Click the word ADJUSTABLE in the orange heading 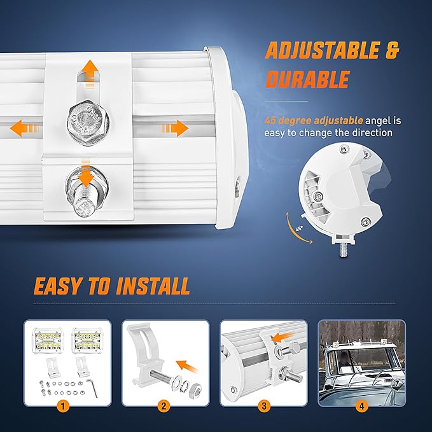point(322,50)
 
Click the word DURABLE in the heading point(308,80)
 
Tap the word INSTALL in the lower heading point(153,286)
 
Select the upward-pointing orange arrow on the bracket point(90,73)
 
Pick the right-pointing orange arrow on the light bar point(175,128)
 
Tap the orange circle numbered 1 point(63,406)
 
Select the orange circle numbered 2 point(164,406)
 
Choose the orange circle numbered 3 point(263,406)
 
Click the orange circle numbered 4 point(361,406)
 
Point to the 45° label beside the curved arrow point(299,228)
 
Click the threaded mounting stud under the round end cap point(344,249)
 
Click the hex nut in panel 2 point(195,389)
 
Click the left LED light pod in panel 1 point(48,341)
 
